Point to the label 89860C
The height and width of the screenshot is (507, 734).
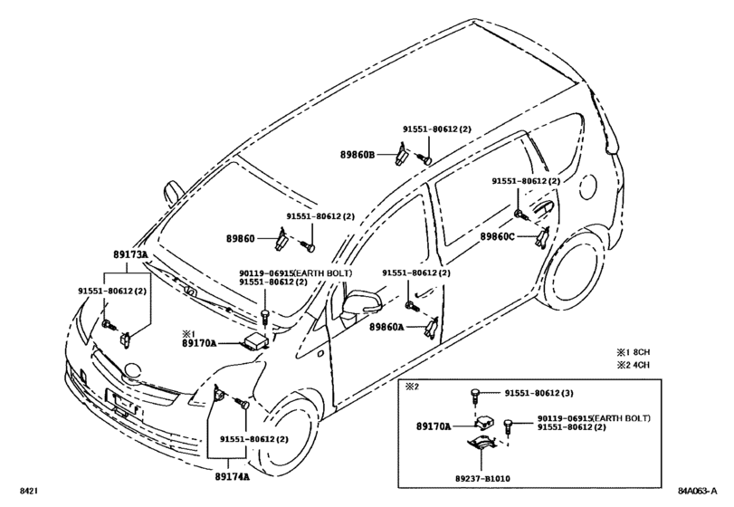[497, 236]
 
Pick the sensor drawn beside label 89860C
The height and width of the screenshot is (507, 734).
[540, 238]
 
